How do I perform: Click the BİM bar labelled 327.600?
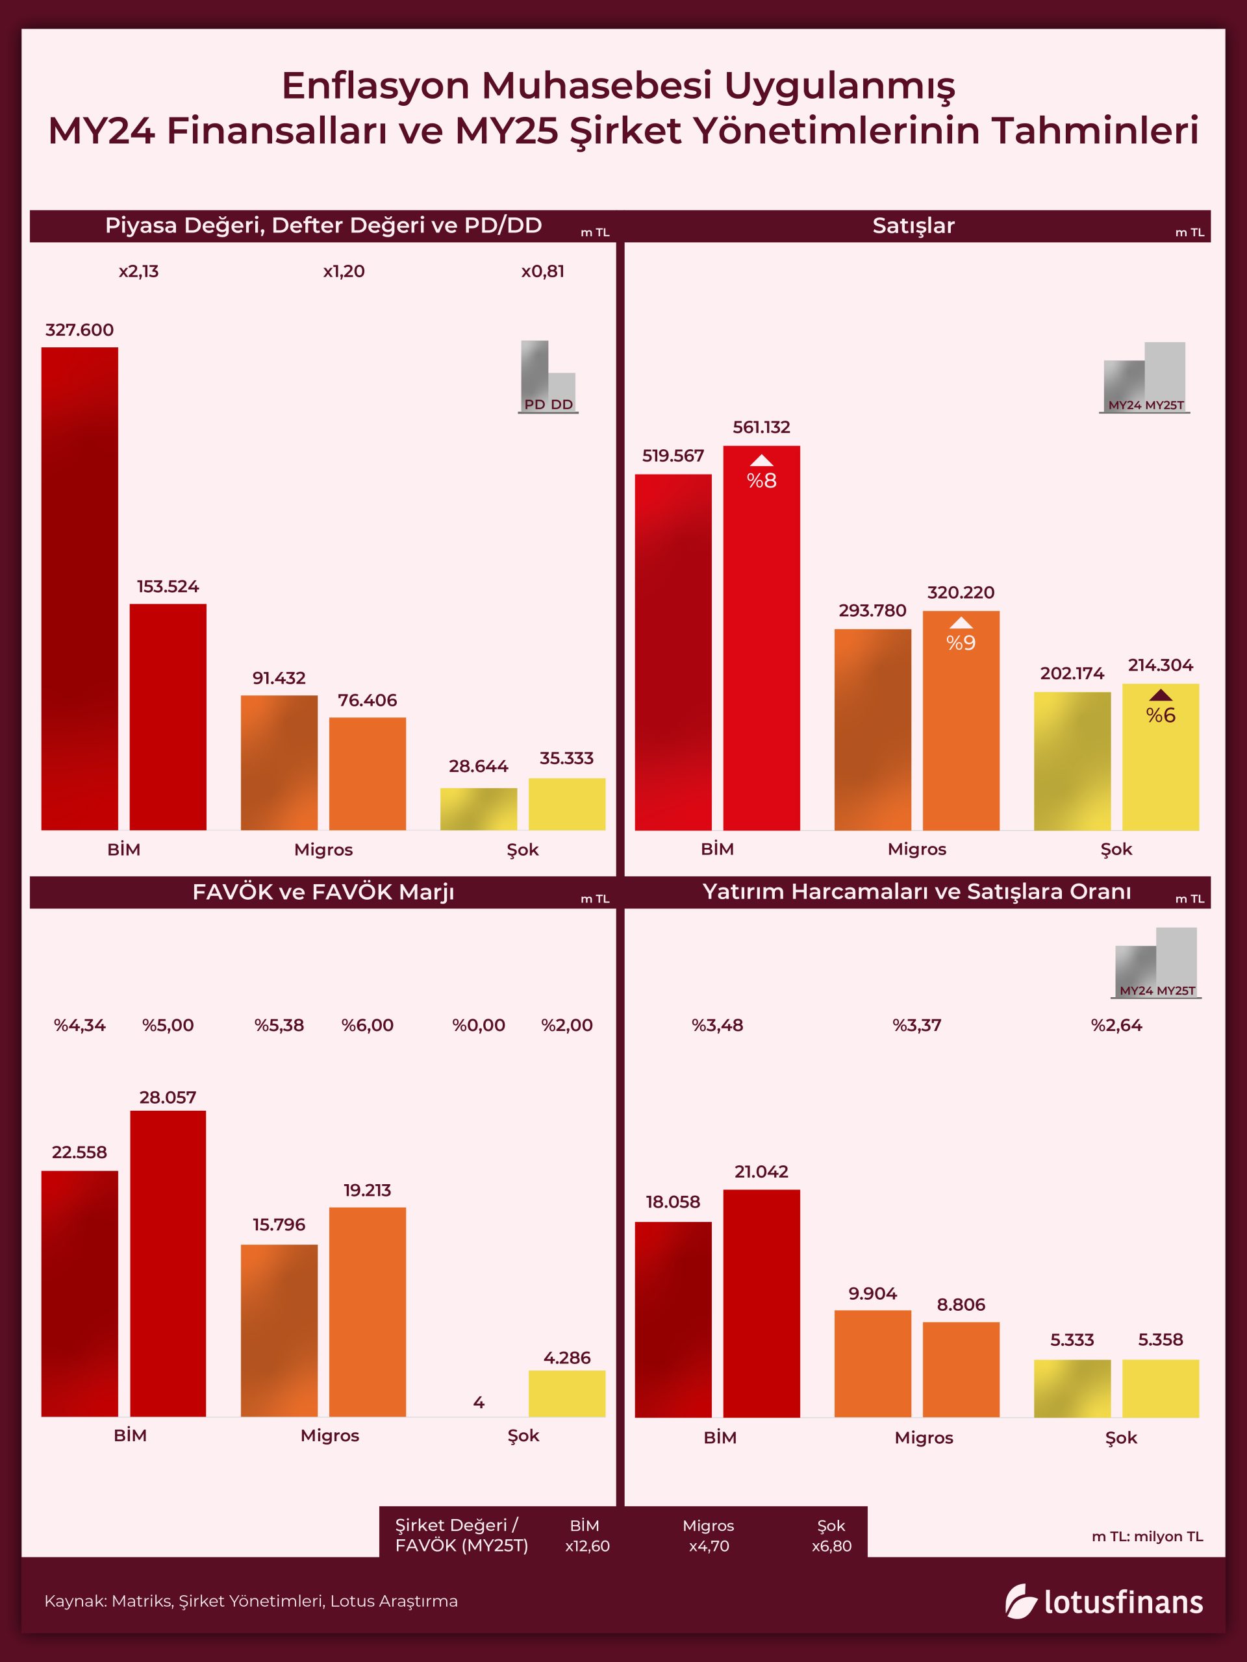80,588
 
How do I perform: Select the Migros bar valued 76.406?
368,773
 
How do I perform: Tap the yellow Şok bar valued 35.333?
567,804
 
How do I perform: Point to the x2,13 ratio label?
139,271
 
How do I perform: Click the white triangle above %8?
761,460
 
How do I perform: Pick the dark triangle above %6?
1161,695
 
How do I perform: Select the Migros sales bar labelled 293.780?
873,729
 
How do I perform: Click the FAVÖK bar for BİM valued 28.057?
168,1263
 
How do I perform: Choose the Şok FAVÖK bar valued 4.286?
567,1393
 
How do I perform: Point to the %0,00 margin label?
479,1025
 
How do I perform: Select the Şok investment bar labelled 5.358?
1161,1388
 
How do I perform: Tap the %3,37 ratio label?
917,1025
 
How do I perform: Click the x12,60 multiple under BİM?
587,1546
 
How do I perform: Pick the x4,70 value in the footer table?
709,1546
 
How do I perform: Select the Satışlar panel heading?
913,225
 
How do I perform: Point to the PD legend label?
535,404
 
